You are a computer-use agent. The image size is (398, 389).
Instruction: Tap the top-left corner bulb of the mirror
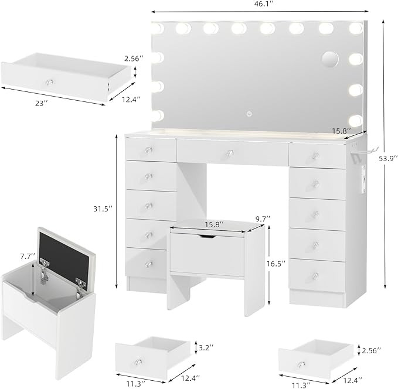[157, 28]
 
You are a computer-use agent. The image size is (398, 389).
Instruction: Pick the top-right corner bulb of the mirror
[355, 28]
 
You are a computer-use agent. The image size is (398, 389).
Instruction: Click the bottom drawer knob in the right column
[315, 275]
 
